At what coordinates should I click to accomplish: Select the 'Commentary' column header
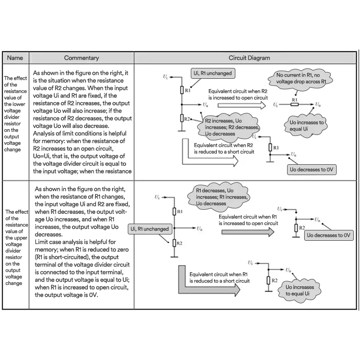pos(81,58)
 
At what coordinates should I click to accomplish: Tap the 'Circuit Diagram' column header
pos(249,58)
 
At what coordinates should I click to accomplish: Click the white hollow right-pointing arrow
pos(242,104)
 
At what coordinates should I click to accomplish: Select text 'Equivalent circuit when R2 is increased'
pos(238,94)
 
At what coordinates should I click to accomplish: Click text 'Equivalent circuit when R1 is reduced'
pos(219,277)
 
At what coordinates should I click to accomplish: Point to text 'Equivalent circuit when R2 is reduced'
pos(224,148)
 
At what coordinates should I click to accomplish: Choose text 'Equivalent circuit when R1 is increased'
pos(248,220)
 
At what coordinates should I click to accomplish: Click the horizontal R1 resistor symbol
pos(294,104)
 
